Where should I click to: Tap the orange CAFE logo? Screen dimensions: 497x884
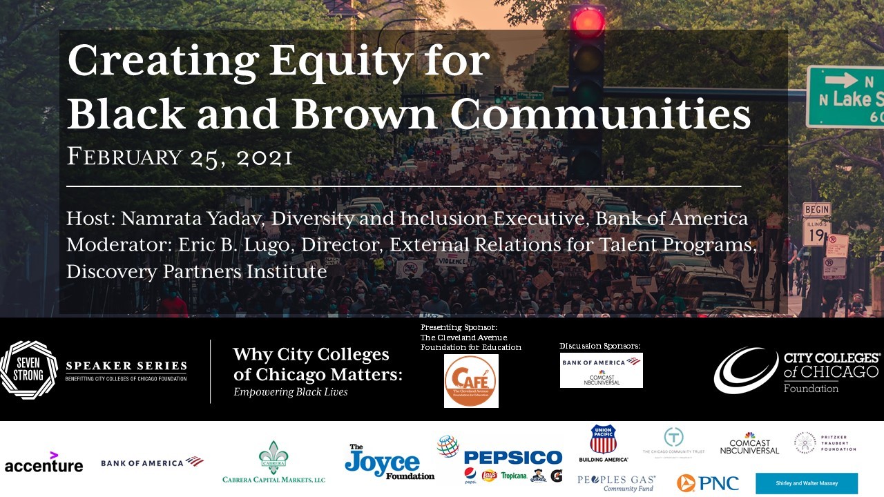click(471, 381)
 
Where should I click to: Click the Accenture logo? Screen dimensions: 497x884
click(44, 464)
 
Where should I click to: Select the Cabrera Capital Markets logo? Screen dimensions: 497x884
click(273, 463)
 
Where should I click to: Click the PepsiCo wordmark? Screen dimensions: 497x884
click(512, 457)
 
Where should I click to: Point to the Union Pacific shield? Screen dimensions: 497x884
click(603, 440)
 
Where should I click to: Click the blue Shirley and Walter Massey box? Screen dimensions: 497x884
click(806, 483)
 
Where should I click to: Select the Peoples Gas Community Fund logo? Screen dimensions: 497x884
click(616, 483)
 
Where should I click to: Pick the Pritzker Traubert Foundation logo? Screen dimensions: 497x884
click(826, 443)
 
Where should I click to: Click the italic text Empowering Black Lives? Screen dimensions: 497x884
click(290, 392)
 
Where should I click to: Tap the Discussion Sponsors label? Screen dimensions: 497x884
click(599, 345)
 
